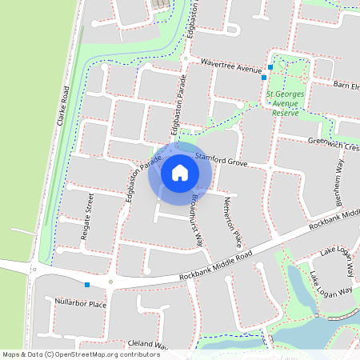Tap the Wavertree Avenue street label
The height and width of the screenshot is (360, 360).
click(232, 66)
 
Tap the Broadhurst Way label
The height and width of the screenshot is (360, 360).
click(196, 218)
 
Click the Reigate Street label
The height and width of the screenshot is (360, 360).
click(90, 215)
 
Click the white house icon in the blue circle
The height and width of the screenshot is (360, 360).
click(180, 172)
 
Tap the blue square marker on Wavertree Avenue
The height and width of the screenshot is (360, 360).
click(271, 66)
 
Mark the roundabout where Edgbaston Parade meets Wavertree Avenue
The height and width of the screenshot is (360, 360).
click(186, 58)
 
